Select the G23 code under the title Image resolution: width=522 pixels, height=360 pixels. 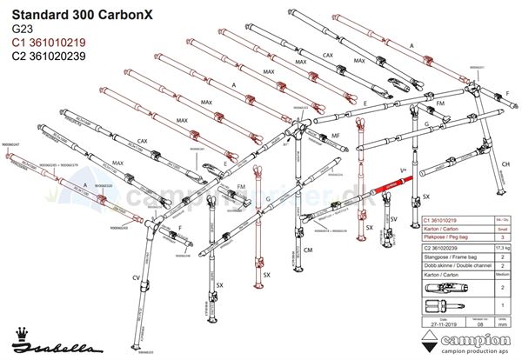click(18, 29)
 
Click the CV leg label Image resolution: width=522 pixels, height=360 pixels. click(136, 277)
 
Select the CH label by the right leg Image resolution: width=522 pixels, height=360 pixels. click(503, 164)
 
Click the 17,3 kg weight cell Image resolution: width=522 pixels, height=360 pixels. click(501, 249)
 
